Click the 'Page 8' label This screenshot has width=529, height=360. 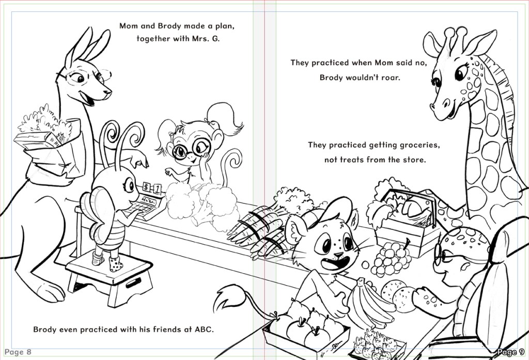(x=18, y=352)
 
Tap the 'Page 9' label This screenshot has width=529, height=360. (x=511, y=352)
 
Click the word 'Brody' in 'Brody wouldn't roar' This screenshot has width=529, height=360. (x=331, y=77)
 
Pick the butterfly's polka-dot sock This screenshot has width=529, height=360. (x=115, y=264)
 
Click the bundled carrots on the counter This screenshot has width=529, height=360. (x=260, y=233)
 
